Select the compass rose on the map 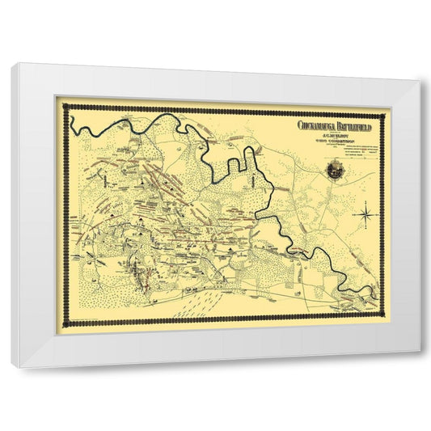point(365,214)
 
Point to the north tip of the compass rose point(365,205)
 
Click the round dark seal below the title point(334,169)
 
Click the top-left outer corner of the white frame point(12,63)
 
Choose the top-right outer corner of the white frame point(421,80)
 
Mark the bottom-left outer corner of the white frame point(12,368)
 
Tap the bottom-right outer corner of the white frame point(421,349)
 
